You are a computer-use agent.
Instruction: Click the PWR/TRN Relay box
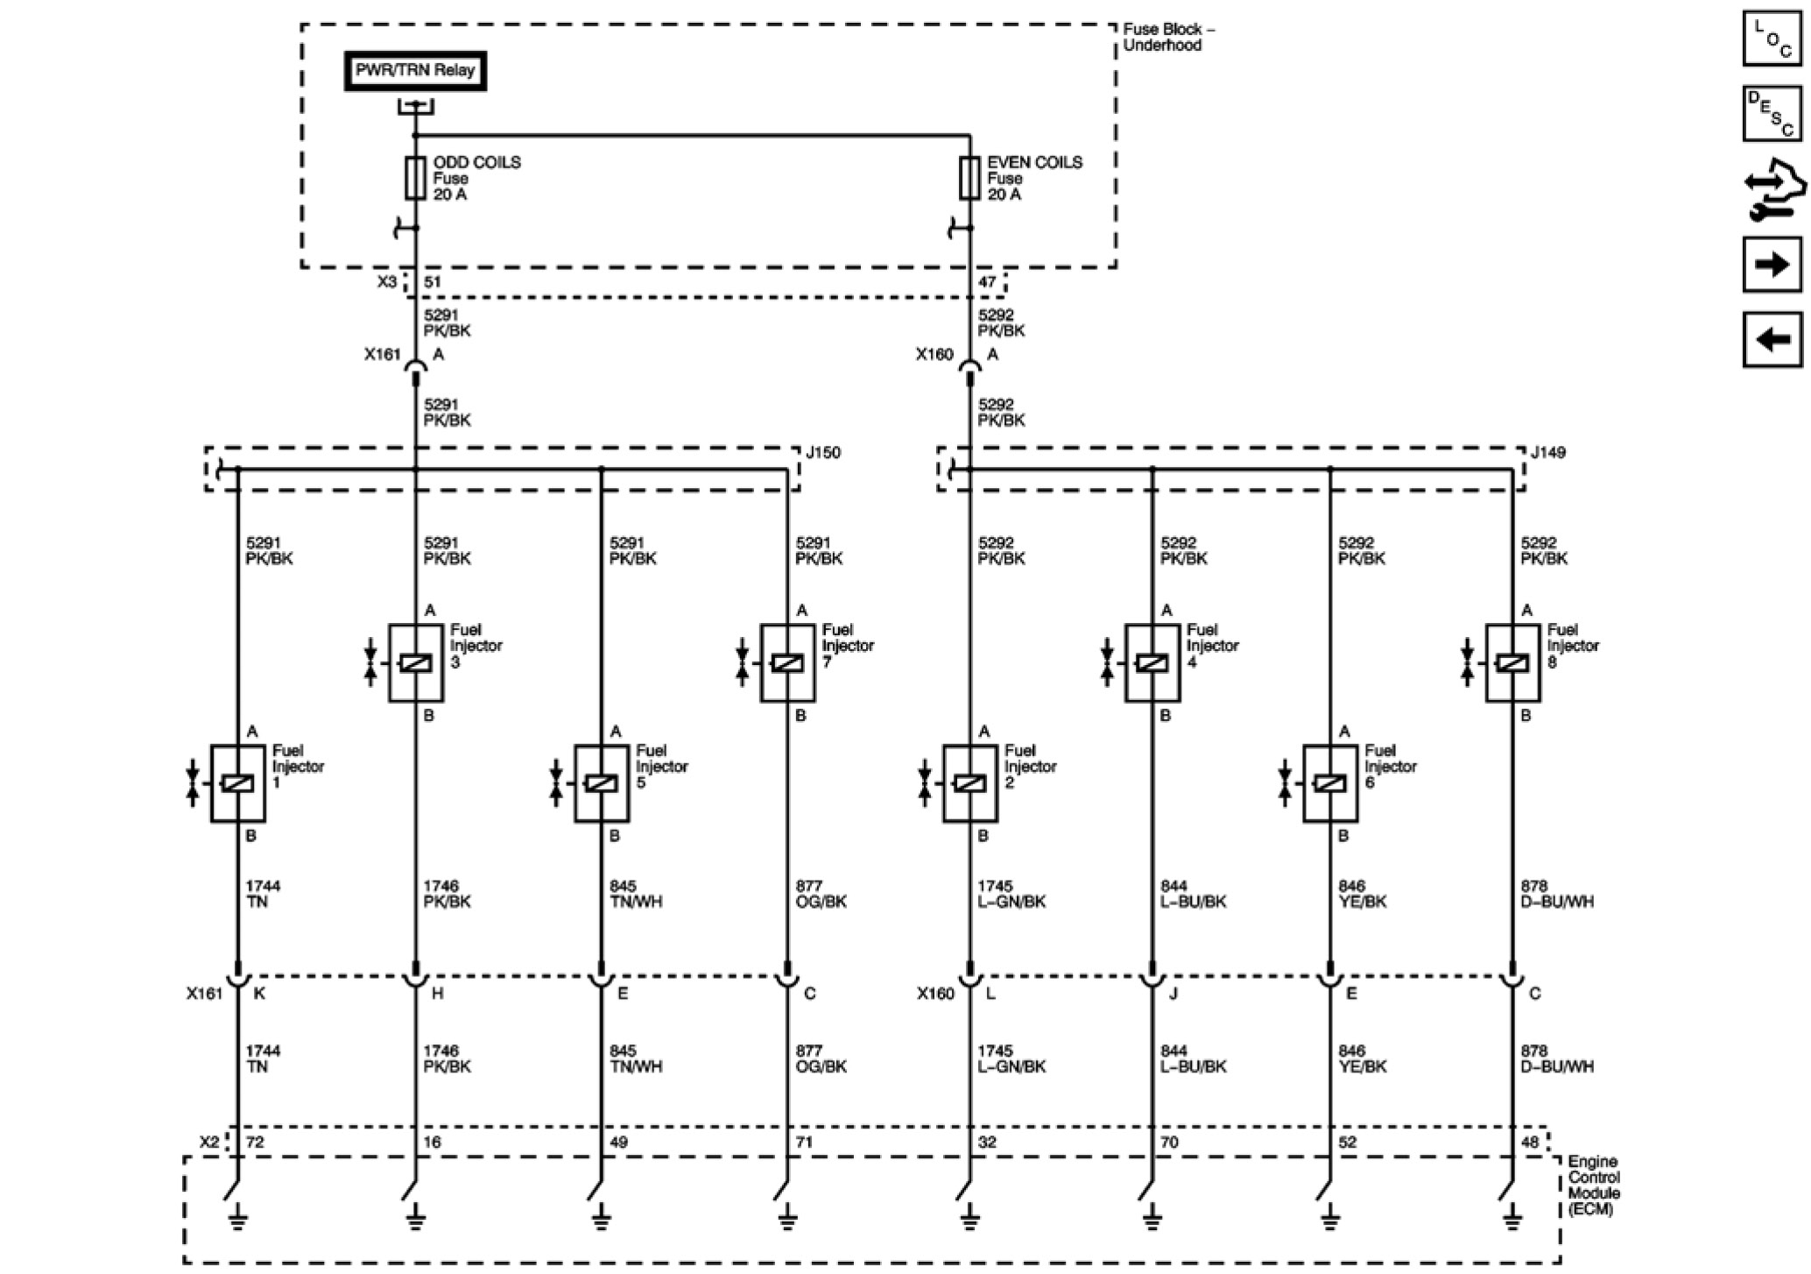tap(414, 71)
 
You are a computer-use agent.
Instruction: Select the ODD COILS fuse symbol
tap(415, 178)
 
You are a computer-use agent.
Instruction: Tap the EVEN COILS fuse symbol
tap(969, 178)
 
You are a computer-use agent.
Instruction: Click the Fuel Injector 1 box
tap(238, 783)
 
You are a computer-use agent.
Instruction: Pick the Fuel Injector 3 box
tap(416, 662)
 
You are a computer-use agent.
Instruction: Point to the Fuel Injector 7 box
tap(787, 662)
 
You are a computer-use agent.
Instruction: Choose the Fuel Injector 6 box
tap(1330, 783)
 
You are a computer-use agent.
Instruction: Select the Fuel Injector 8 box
tap(1512, 662)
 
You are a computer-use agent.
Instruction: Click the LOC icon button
tap(1772, 39)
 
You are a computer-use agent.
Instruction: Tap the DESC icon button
tap(1772, 113)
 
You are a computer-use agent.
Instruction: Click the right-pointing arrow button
tap(1772, 264)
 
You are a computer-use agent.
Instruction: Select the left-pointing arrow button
tap(1772, 338)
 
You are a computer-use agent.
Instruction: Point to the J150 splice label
tap(823, 453)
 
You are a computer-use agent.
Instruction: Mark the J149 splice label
tap(1548, 453)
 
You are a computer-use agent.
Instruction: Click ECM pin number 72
tap(255, 1142)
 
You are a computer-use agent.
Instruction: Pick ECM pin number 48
tap(1530, 1142)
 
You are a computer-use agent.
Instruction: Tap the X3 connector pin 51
tap(433, 282)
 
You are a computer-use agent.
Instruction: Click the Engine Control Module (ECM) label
tap(1594, 1185)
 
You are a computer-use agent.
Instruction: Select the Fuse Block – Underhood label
tap(1168, 38)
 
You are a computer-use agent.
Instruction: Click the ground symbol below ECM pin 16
tap(416, 1217)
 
